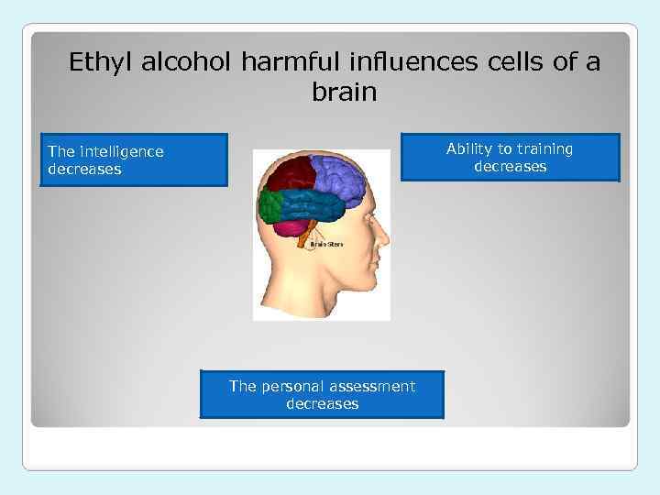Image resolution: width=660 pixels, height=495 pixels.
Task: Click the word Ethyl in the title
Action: [94, 64]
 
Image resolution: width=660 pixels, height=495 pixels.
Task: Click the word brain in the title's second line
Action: [344, 93]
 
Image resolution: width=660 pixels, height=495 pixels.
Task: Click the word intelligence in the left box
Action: [122, 151]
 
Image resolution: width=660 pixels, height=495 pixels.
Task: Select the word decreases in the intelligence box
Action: [84, 170]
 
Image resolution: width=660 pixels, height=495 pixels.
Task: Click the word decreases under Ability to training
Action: [511, 167]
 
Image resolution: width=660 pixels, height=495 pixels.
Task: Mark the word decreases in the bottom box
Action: [322, 403]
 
